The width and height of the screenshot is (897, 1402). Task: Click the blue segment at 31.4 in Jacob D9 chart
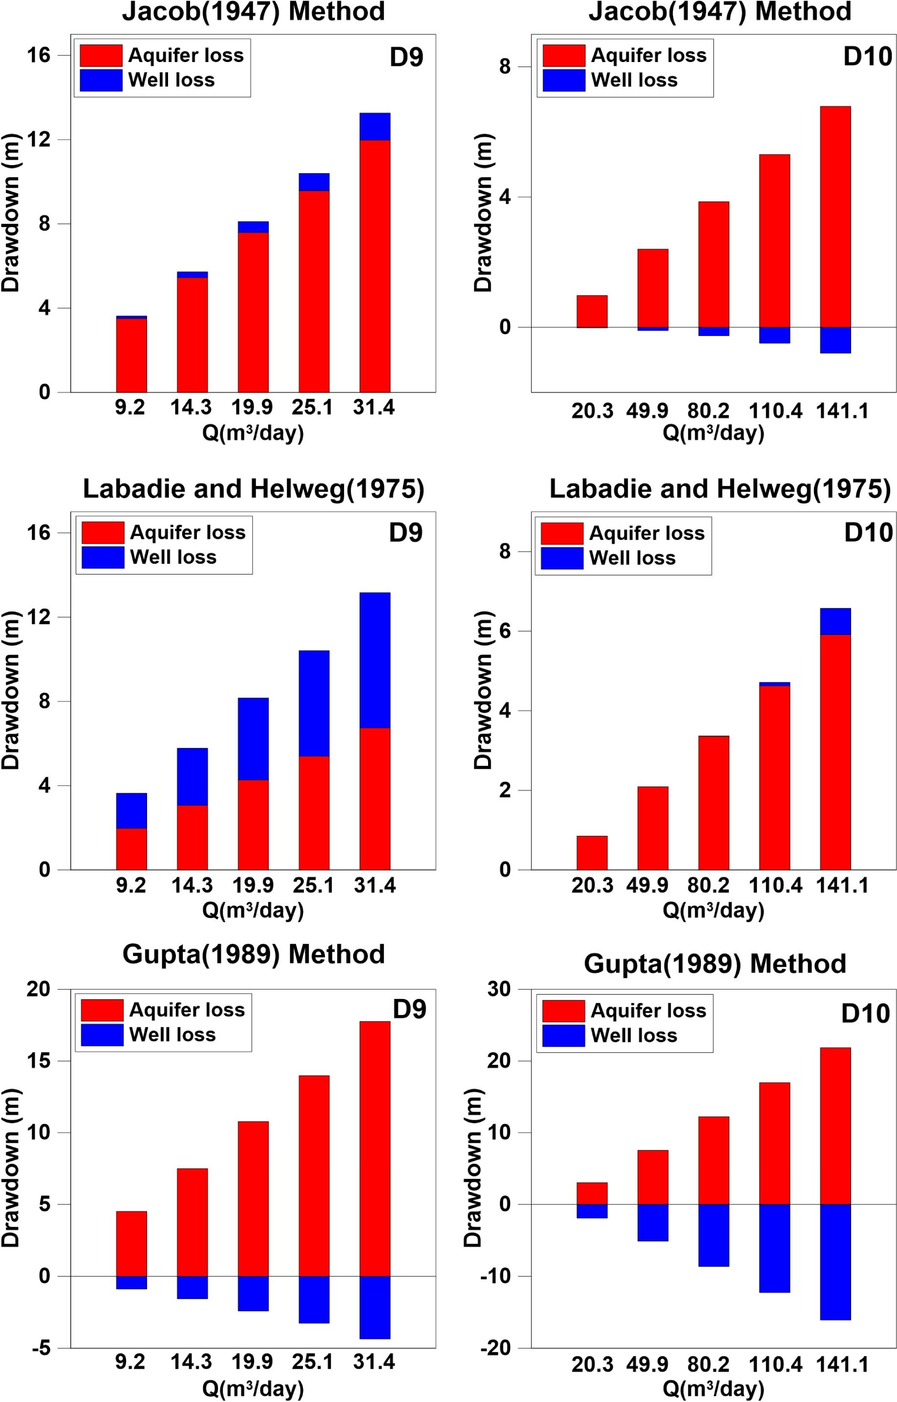tap(375, 127)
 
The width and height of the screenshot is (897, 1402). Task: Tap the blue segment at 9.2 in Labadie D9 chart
tap(131, 810)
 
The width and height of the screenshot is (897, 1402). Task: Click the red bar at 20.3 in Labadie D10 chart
tap(592, 853)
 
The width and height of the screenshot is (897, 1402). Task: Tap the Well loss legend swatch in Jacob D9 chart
tap(101, 80)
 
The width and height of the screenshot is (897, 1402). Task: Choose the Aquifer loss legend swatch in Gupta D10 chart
tap(563, 1011)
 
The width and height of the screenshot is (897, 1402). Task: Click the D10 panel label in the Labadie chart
tap(868, 533)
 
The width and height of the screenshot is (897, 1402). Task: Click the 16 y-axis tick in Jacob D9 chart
tap(39, 56)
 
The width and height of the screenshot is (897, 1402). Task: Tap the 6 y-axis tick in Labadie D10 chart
tap(505, 631)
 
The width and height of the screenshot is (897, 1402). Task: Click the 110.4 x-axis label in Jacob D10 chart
tap(775, 411)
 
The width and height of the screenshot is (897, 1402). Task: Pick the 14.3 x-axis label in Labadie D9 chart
tap(192, 886)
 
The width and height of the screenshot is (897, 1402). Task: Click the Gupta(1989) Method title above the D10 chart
tap(715, 964)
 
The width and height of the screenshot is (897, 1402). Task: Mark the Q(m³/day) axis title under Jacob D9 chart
tap(253, 433)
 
